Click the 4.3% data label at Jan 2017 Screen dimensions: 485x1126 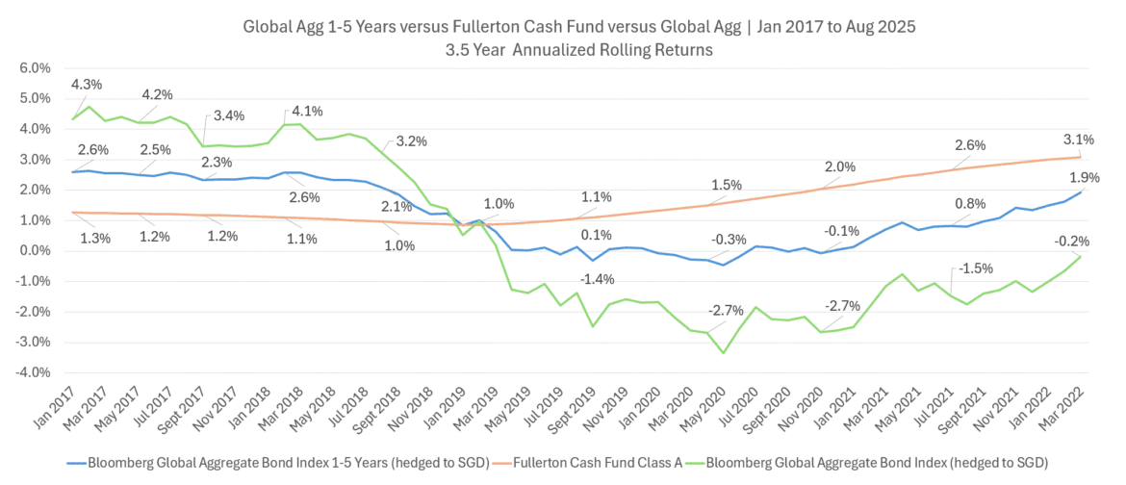point(86,85)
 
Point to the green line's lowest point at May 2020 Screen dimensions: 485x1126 point(723,353)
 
